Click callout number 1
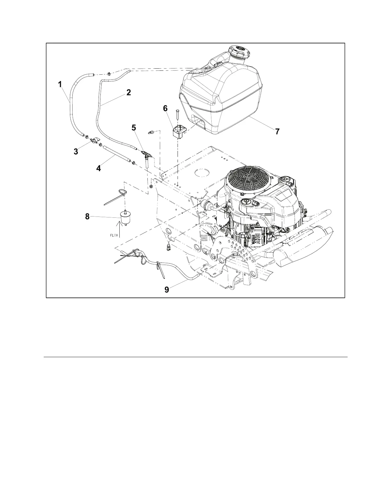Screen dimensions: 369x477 60,84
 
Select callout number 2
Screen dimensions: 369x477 129,92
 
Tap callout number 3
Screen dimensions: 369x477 76,151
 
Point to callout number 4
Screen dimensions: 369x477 99,168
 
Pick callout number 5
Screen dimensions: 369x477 134,128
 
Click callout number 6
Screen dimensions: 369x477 165,108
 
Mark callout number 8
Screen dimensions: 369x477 87,216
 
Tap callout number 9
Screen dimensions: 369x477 167,290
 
